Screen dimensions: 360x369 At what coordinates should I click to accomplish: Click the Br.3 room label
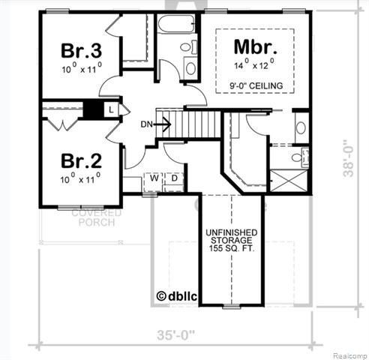point(81,52)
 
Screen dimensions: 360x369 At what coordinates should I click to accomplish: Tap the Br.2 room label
point(81,160)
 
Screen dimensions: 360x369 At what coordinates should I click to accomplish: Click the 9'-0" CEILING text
point(256,86)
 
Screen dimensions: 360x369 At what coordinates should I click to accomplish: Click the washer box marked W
point(153,178)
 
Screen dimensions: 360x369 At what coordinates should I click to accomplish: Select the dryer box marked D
point(172,178)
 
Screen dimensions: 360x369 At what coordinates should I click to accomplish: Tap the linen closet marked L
point(110,109)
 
